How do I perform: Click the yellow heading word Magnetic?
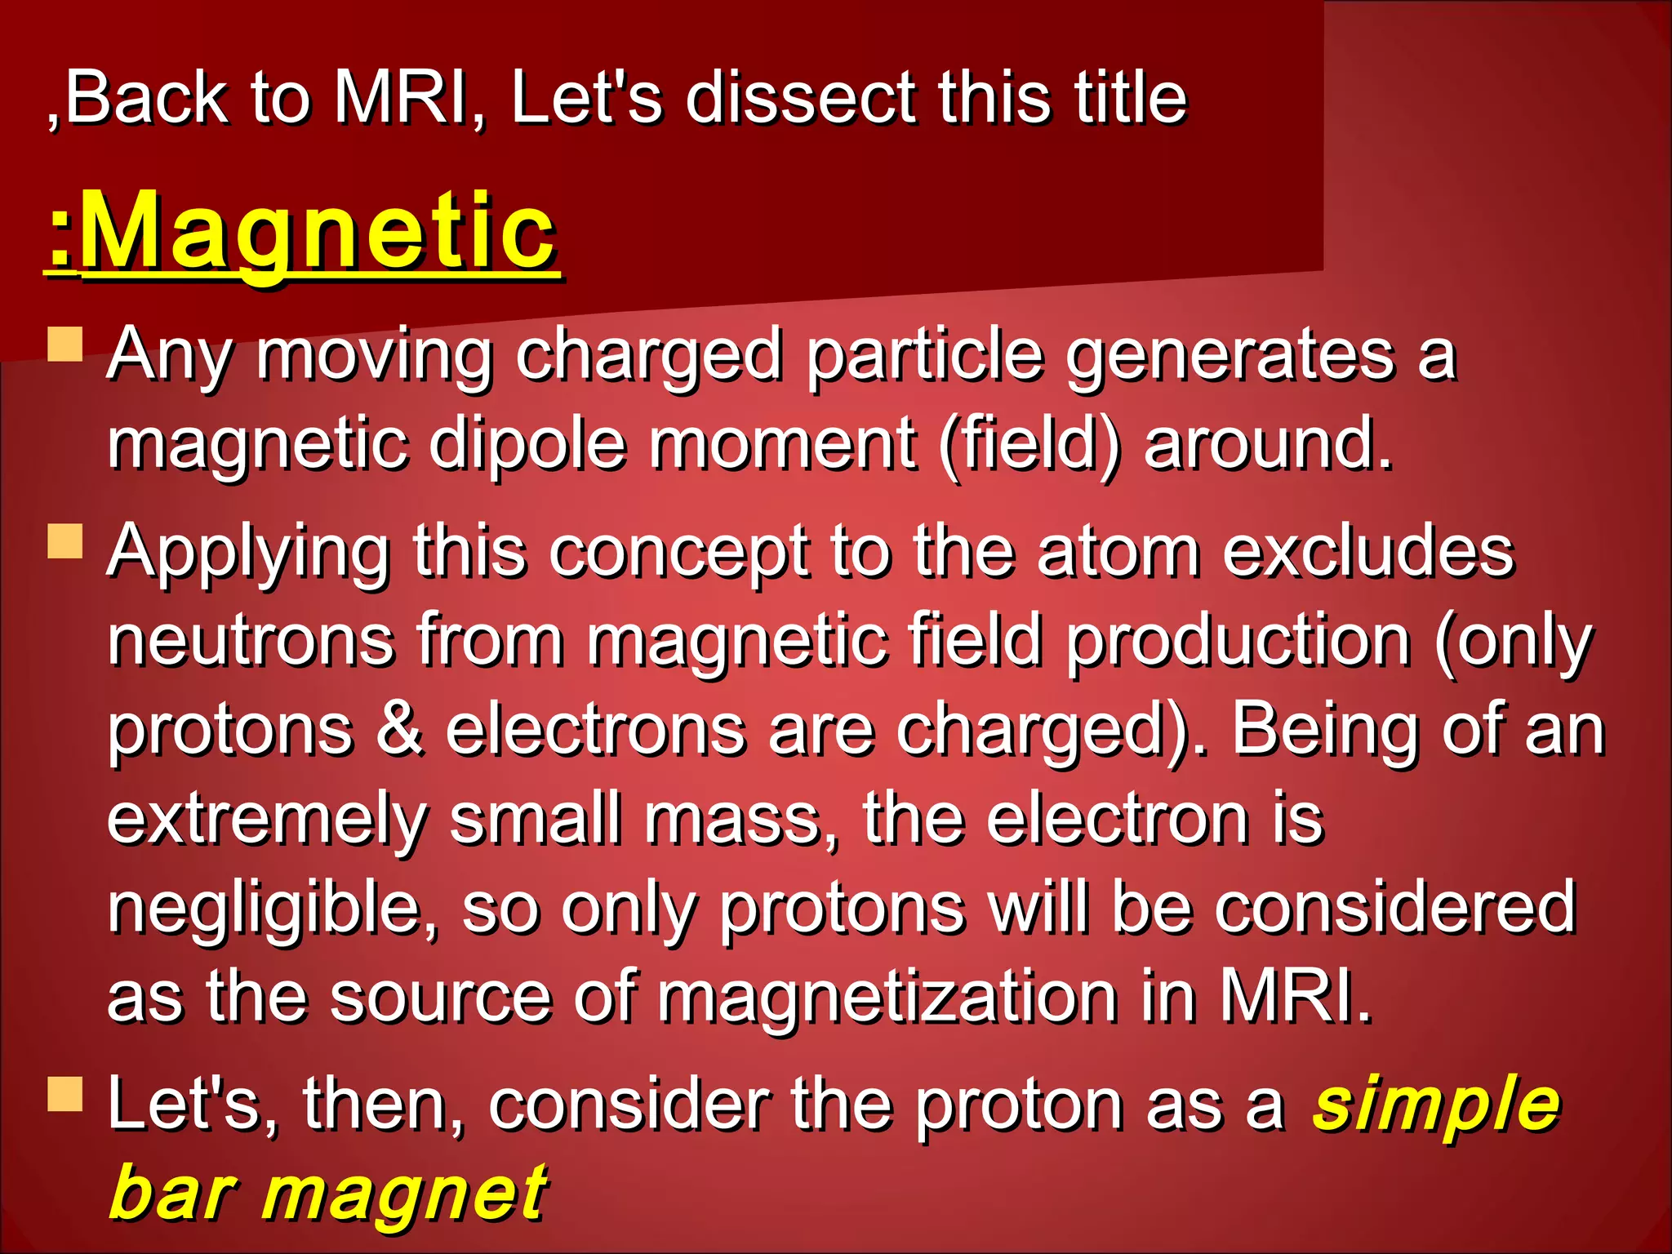click(x=318, y=233)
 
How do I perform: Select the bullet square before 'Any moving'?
click(x=65, y=344)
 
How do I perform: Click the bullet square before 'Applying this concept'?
click(x=65, y=540)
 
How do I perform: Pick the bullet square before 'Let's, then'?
click(x=65, y=1094)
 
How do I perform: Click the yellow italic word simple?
click(x=1437, y=1103)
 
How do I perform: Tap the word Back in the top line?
click(x=147, y=98)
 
